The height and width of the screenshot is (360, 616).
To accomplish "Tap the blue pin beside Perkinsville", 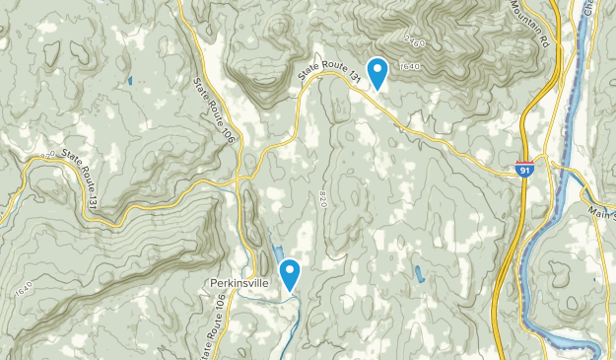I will [290, 273].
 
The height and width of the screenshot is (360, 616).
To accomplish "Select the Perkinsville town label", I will [240, 282].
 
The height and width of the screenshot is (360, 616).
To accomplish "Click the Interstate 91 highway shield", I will [525, 170].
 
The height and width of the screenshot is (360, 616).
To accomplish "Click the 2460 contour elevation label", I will [413, 43].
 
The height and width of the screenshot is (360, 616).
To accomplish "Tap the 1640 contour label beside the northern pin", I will [409, 67].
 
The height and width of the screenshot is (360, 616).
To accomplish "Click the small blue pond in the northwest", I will [129, 80].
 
